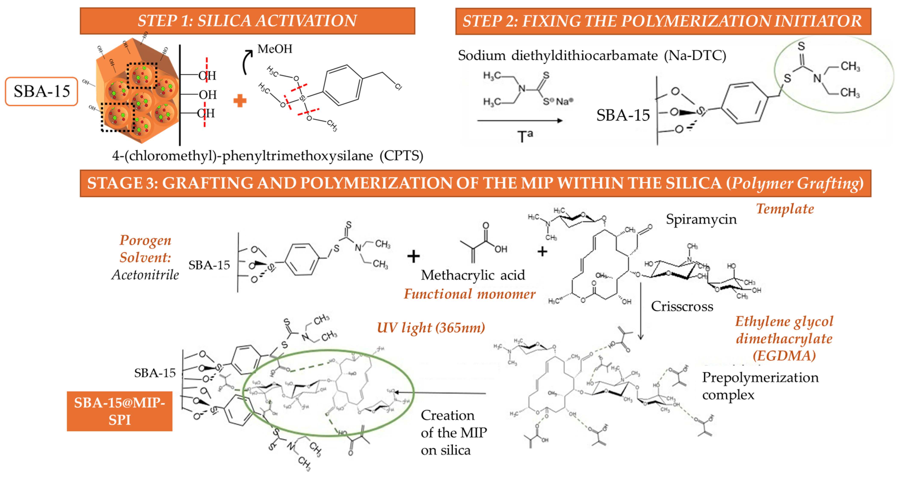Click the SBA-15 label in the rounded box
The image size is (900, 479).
(41, 91)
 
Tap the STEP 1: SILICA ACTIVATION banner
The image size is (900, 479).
(247, 21)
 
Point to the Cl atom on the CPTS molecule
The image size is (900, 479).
(398, 86)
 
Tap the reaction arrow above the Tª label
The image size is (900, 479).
(520, 121)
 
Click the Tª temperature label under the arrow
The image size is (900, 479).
(525, 136)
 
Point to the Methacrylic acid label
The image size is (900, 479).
(473, 275)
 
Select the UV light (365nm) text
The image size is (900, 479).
(431, 328)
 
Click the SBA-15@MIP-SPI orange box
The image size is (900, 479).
(120, 411)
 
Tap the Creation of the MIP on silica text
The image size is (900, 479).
(453, 433)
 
